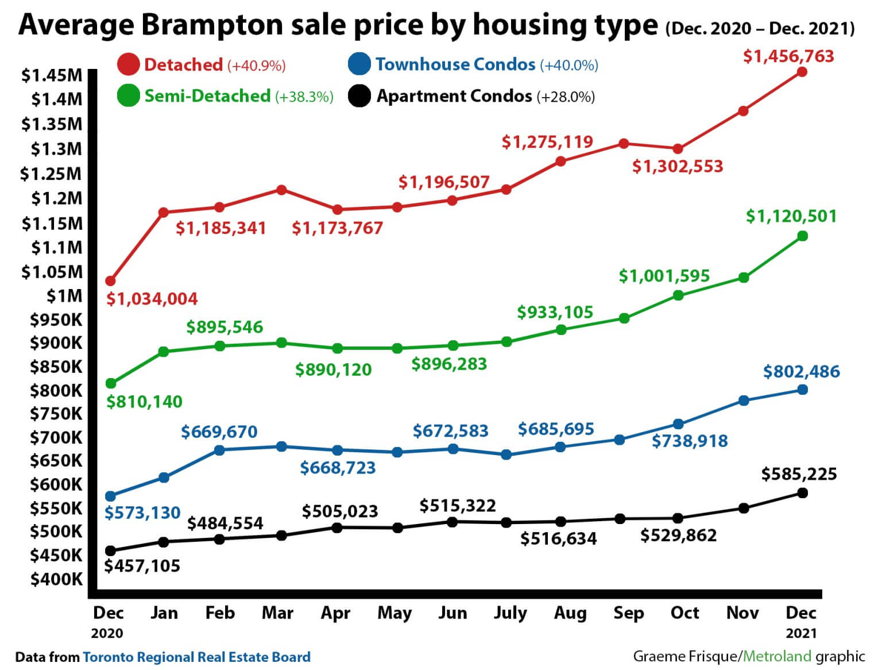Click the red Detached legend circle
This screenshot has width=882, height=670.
[x=128, y=64]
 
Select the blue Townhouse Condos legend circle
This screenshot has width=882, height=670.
[x=359, y=64]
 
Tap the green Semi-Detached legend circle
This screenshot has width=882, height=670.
[x=128, y=95]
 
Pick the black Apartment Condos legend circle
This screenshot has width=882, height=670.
[x=359, y=95]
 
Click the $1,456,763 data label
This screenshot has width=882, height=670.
[x=788, y=56]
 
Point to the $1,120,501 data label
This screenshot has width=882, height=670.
[x=791, y=217]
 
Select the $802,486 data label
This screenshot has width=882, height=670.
[x=801, y=372]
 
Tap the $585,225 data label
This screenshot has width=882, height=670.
[x=799, y=474]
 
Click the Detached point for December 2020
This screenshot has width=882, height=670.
[x=110, y=281]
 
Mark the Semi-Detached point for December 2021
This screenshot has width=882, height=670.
[x=802, y=236]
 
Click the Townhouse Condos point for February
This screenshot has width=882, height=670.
[x=219, y=450]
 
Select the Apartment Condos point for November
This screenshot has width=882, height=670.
[x=743, y=508]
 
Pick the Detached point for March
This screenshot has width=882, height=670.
[x=281, y=190]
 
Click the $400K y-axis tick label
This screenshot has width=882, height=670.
[x=56, y=579]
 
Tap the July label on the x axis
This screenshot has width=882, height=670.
[x=510, y=613]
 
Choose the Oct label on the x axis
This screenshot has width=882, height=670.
[x=684, y=613]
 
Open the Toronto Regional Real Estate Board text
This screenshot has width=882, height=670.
[x=196, y=657]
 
